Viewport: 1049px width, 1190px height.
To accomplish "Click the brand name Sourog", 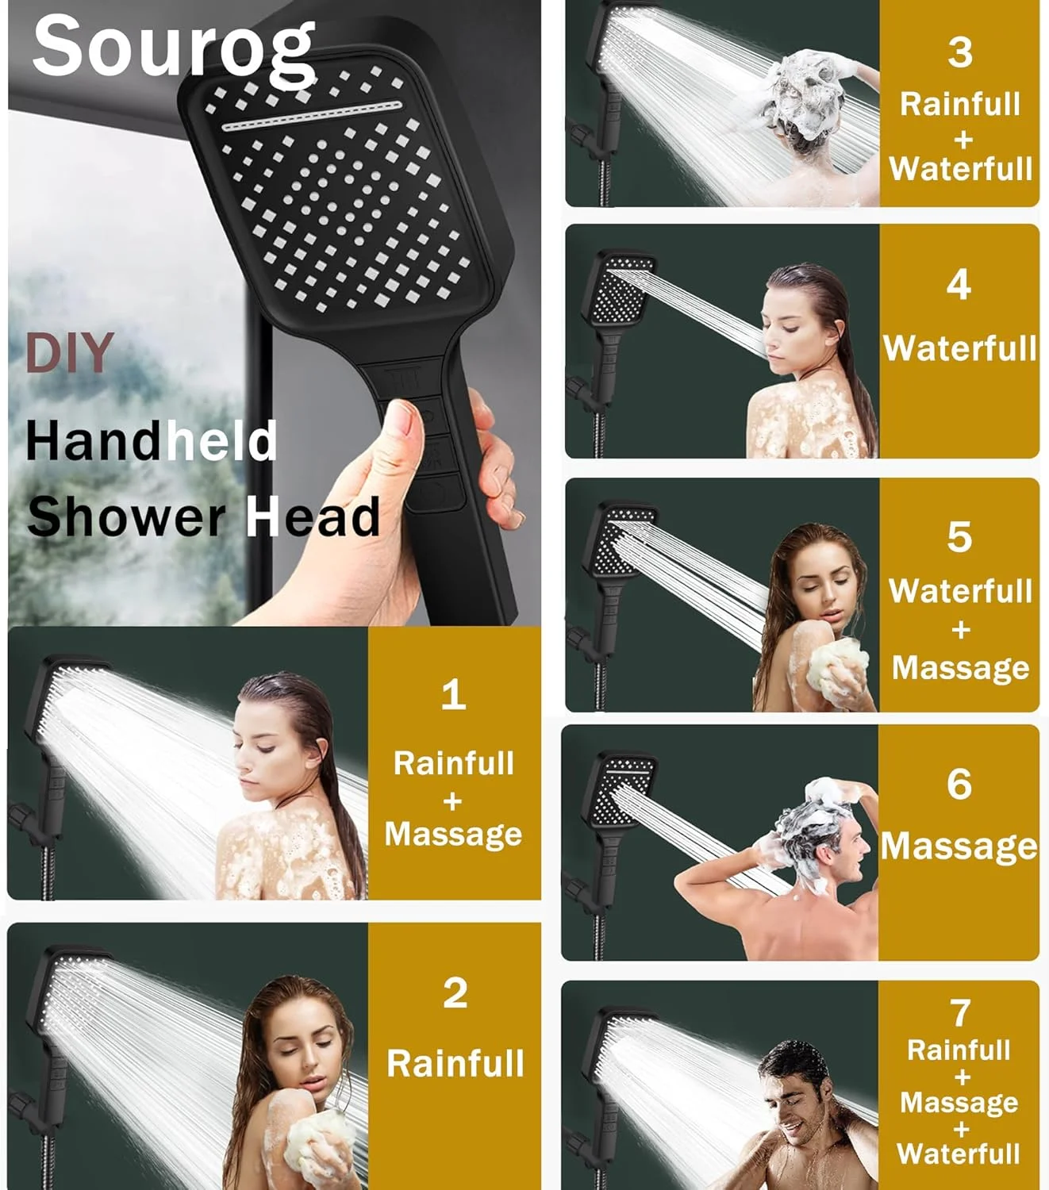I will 173,48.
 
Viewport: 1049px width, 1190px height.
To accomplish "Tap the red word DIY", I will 69,353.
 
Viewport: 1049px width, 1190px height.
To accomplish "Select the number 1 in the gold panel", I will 453,695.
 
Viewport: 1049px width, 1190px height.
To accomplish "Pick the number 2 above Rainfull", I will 455,993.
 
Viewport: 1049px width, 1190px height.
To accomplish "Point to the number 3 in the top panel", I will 959,53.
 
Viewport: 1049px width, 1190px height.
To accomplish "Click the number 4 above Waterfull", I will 959,285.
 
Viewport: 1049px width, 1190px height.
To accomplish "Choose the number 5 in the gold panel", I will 959,537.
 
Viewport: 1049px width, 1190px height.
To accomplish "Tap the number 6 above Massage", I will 959,785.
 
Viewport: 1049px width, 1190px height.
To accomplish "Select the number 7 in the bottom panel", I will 959,1013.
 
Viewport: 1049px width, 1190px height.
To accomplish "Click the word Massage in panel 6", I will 959,846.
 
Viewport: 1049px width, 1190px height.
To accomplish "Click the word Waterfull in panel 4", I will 959,348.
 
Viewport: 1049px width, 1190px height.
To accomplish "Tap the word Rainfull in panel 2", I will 455,1064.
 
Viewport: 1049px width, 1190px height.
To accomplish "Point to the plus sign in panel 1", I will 452,801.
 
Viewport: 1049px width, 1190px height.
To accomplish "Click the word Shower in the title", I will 127,517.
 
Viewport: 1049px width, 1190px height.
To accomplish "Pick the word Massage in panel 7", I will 959,1103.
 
